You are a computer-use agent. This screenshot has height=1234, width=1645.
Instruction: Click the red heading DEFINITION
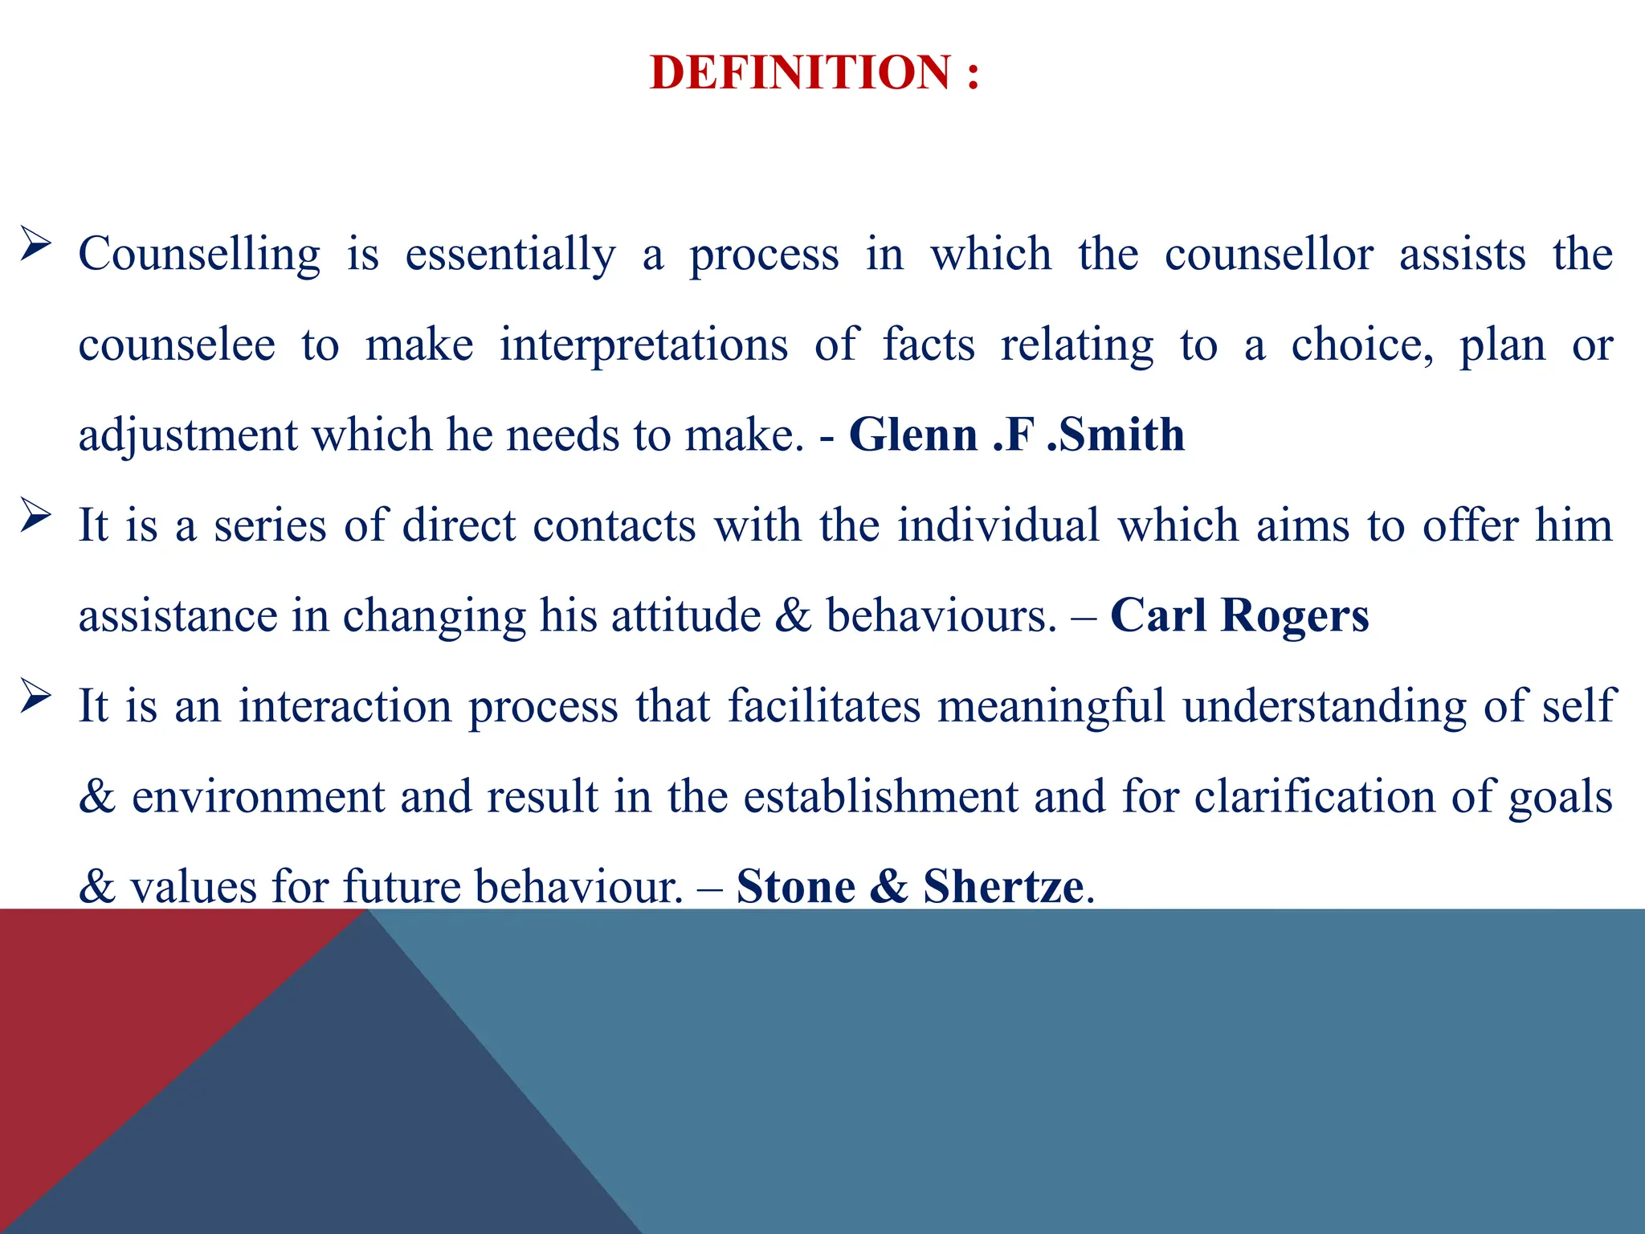click(x=800, y=72)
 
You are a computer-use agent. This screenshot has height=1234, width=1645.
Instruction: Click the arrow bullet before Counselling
click(x=35, y=243)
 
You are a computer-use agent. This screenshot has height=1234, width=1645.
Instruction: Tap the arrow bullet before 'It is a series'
click(x=35, y=515)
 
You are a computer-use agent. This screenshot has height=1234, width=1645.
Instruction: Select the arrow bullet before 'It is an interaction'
click(x=35, y=696)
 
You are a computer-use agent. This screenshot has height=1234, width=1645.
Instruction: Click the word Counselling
click(x=199, y=255)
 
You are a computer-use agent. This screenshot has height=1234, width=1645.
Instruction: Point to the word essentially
click(x=510, y=255)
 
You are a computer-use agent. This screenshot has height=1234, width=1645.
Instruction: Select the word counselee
click(x=177, y=345)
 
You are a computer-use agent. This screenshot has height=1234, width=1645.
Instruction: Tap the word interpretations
click(x=643, y=345)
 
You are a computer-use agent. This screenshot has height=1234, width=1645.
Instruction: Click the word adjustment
click(x=188, y=435)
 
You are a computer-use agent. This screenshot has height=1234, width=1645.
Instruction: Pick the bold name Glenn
click(x=913, y=435)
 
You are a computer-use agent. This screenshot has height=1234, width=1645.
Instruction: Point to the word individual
click(x=998, y=526)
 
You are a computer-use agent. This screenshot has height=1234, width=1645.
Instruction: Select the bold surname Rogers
click(x=1295, y=616)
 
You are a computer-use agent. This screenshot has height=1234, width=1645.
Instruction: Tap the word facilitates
click(x=824, y=707)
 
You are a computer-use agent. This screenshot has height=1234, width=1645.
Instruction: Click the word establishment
click(x=880, y=797)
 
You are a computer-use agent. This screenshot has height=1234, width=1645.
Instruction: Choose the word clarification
click(x=1314, y=797)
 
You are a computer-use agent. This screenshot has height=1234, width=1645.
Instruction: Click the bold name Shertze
click(x=1003, y=887)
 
